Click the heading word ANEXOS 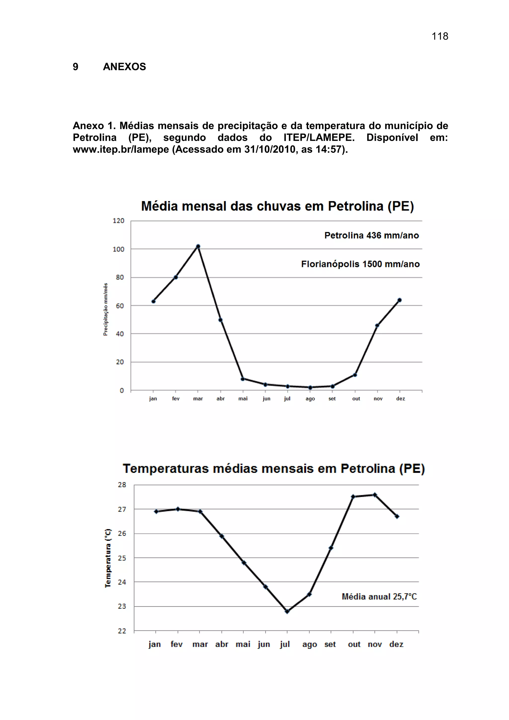point(125,67)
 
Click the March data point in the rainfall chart point(198,246)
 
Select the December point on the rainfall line point(399,300)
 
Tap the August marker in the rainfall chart point(310,388)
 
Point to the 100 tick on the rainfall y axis point(119,249)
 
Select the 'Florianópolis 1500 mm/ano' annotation point(360,264)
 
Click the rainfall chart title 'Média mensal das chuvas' point(277,206)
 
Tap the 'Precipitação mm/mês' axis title point(106,309)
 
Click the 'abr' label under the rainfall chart point(221,399)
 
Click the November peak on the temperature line point(375,495)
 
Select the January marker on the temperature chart point(156,511)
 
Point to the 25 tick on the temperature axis point(122,558)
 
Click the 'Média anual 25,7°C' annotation point(379,596)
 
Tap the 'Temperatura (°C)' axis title point(108,558)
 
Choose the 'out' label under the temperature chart point(354,644)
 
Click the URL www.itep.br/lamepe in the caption point(121,150)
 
